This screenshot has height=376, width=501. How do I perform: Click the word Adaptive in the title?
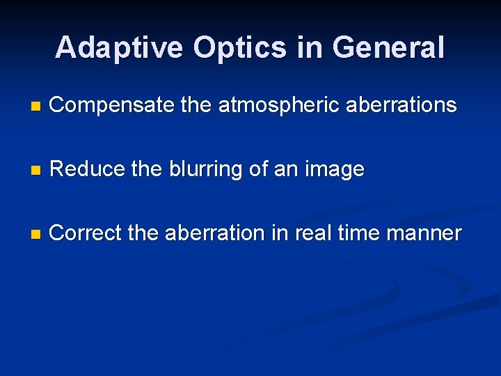[119, 48]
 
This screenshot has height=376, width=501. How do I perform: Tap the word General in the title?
[388, 48]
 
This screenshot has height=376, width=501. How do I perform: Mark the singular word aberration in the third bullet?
[216, 233]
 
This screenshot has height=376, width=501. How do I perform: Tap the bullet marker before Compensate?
[36, 107]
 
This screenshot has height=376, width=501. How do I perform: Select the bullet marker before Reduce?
[36, 171]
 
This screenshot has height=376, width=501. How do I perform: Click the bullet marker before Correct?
[36, 235]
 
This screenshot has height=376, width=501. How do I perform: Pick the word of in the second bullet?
[257, 169]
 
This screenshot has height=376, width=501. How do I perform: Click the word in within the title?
[309, 48]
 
